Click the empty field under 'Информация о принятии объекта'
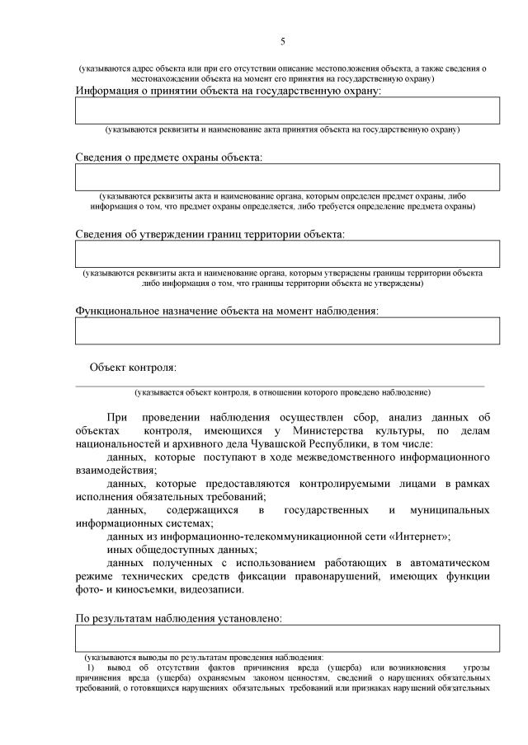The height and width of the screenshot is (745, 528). (x=287, y=110)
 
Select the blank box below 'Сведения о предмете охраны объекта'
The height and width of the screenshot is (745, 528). (x=287, y=176)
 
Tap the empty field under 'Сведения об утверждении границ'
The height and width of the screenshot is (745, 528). (x=287, y=254)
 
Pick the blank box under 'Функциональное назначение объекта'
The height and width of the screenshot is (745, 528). (x=287, y=330)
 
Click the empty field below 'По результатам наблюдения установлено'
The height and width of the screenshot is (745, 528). (x=287, y=638)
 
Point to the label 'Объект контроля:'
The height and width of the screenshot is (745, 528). (x=133, y=367)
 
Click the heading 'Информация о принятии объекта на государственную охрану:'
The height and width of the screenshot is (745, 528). (x=229, y=91)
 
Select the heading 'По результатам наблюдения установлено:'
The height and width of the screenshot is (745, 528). (x=179, y=617)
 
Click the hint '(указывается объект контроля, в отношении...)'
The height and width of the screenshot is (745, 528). (x=282, y=392)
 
